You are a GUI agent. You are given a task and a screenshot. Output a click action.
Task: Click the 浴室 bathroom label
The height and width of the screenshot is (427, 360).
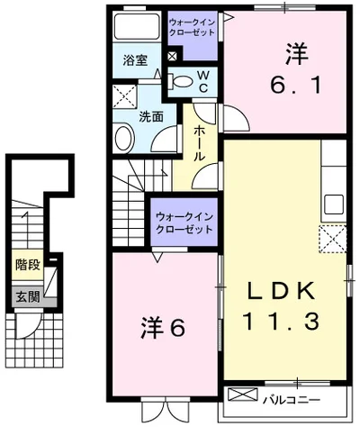point(135,60)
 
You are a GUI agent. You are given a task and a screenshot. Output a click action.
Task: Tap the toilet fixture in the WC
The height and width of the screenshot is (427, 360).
point(181,81)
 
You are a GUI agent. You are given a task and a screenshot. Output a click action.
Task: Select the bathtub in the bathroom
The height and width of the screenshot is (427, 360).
point(137,26)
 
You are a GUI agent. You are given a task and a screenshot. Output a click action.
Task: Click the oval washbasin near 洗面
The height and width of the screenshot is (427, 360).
point(123,138)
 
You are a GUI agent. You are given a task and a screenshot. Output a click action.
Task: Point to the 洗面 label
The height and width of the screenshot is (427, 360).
point(151,116)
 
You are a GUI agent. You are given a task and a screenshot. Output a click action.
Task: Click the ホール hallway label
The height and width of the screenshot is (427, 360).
point(200,143)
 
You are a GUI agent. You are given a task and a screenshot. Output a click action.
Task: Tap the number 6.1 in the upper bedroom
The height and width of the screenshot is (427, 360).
point(296,85)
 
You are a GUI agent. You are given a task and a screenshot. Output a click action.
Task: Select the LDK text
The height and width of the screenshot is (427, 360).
point(280,291)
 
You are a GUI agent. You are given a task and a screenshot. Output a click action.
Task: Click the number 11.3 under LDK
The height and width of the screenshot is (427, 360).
point(281,321)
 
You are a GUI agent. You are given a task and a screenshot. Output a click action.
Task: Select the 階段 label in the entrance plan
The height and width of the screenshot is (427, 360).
point(28,265)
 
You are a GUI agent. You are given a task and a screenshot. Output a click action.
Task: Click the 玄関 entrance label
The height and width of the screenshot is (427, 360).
point(28,297)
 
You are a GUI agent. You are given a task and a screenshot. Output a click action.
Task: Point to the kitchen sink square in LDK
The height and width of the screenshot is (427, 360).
point(334,204)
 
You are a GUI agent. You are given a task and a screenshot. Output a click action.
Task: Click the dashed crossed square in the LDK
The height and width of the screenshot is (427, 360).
point(333,239)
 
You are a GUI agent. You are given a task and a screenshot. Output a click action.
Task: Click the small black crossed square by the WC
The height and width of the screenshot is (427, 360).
point(172,56)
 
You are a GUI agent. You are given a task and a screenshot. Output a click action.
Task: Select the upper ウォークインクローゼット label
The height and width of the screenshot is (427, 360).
point(192,27)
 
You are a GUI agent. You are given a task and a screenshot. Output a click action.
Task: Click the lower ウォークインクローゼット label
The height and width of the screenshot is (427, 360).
point(184,223)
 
